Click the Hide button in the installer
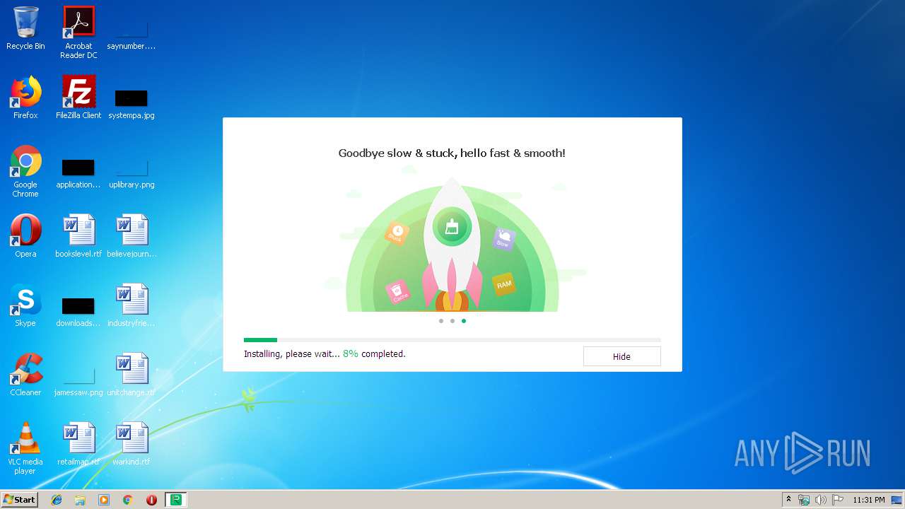[x=621, y=356]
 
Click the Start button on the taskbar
[x=20, y=500]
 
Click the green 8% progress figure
[x=350, y=353]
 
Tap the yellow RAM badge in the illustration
[x=503, y=284]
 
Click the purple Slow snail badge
[x=503, y=239]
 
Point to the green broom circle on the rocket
[x=452, y=227]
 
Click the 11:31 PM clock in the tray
[x=868, y=500]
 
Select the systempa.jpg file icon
[x=132, y=98]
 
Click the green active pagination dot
[x=464, y=321]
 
